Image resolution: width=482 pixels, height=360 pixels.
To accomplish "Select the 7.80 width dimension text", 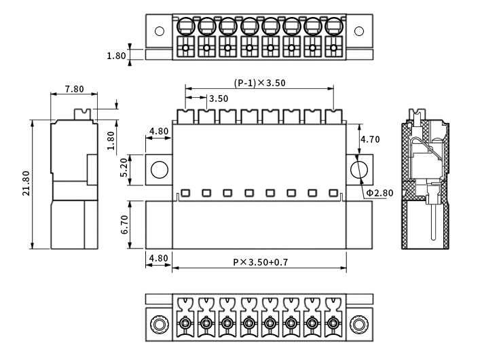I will [x=74, y=89].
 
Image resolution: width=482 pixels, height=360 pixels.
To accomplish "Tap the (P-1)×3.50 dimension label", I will [x=260, y=83].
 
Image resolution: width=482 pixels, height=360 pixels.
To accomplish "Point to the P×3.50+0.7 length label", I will [x=261, y=262].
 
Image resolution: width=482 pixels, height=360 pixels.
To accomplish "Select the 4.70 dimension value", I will [x=369, y=139].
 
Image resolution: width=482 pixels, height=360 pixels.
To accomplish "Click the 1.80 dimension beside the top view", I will [x=116, y=56].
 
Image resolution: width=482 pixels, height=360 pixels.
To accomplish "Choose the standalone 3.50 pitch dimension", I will [x=219, y=98].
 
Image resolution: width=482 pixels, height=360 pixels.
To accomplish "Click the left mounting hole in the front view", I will [x=159, y=169].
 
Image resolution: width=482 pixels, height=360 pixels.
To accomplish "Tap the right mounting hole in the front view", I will [x=359, y=169].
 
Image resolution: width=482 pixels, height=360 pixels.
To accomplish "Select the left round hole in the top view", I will [x=160, y=31].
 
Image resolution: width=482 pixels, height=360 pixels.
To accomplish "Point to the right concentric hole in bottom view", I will [x=360, y=325].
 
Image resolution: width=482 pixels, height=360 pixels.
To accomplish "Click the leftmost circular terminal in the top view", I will [x=185, y=28].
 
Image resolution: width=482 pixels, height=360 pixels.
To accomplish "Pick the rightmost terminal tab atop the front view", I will [x=333, y=115].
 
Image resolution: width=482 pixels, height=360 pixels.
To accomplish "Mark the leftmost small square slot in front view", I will [x=185, y=193].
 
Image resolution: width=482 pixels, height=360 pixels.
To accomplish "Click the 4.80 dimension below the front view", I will [x=158, y=258].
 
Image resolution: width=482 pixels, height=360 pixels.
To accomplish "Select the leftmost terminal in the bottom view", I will [x=185, y=324].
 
